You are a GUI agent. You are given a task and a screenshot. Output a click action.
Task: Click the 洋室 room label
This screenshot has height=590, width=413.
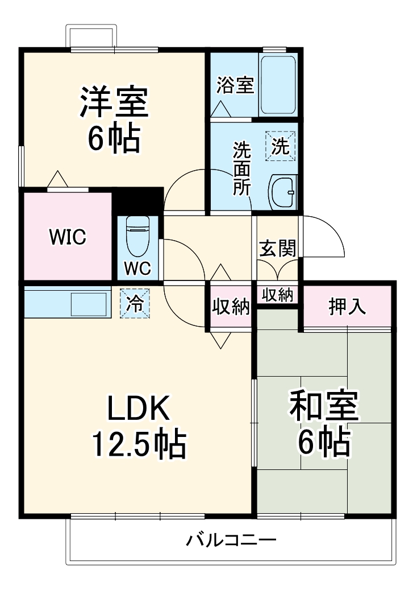[x=114, y=101]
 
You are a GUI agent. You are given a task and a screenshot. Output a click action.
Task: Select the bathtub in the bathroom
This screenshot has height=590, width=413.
[x=278, y=85]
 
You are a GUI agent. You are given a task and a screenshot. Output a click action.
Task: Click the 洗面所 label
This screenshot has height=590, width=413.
[x=242, y=169]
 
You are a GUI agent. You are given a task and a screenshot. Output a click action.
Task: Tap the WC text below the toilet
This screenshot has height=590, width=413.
[x=138, y=268]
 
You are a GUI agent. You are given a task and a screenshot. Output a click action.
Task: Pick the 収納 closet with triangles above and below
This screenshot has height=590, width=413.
[x=231, y=307]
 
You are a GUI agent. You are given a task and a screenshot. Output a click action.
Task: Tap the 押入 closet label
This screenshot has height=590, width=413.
[x=347, y=307]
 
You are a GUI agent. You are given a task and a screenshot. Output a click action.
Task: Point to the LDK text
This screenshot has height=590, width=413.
[x=139, y=407]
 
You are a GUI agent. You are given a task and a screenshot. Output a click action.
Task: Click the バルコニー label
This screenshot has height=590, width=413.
[x=231, y=539]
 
